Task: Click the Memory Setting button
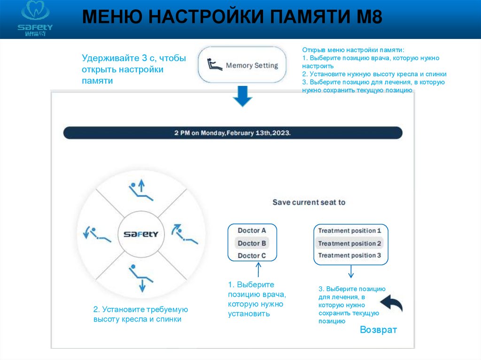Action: click(242, 65)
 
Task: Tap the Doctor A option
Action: click(252, 230)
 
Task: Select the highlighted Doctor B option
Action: click(252, 243)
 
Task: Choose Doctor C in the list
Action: click(252, 256)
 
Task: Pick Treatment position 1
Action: click(350, 230)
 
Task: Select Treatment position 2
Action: click(350, 244)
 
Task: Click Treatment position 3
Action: click(350, 256)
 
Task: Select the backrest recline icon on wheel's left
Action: click(96, 234)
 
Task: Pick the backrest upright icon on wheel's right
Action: click(185, 234)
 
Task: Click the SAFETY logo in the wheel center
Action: click(141, 234)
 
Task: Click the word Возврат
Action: click(378, 330)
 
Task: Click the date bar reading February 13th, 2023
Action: click(233, 133)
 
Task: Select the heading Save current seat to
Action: click(309, 202)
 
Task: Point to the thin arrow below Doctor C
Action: click(258, 271)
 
